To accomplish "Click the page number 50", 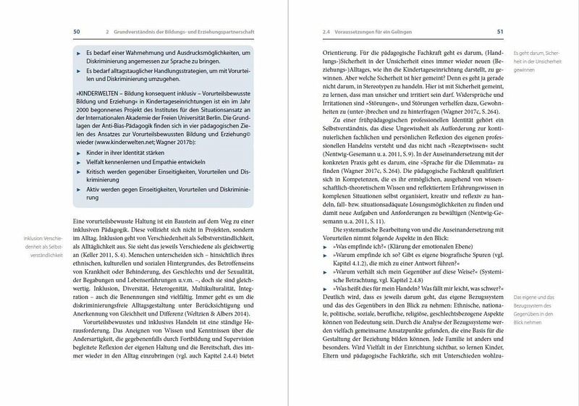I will (77, 32).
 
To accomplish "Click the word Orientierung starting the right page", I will (343, 53).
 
